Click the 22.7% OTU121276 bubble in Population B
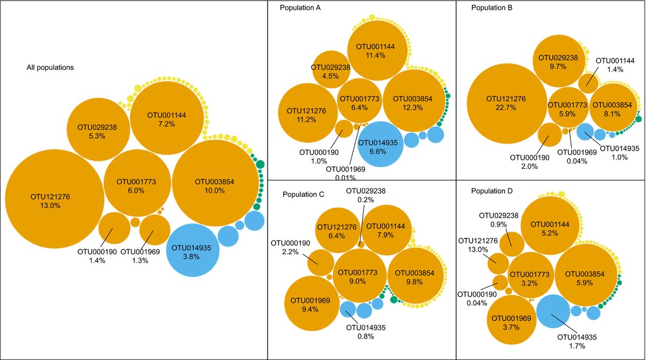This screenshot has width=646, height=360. (507, 103)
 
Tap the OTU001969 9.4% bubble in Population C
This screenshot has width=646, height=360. (310, 303)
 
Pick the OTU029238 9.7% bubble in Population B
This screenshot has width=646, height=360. (559, 61)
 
